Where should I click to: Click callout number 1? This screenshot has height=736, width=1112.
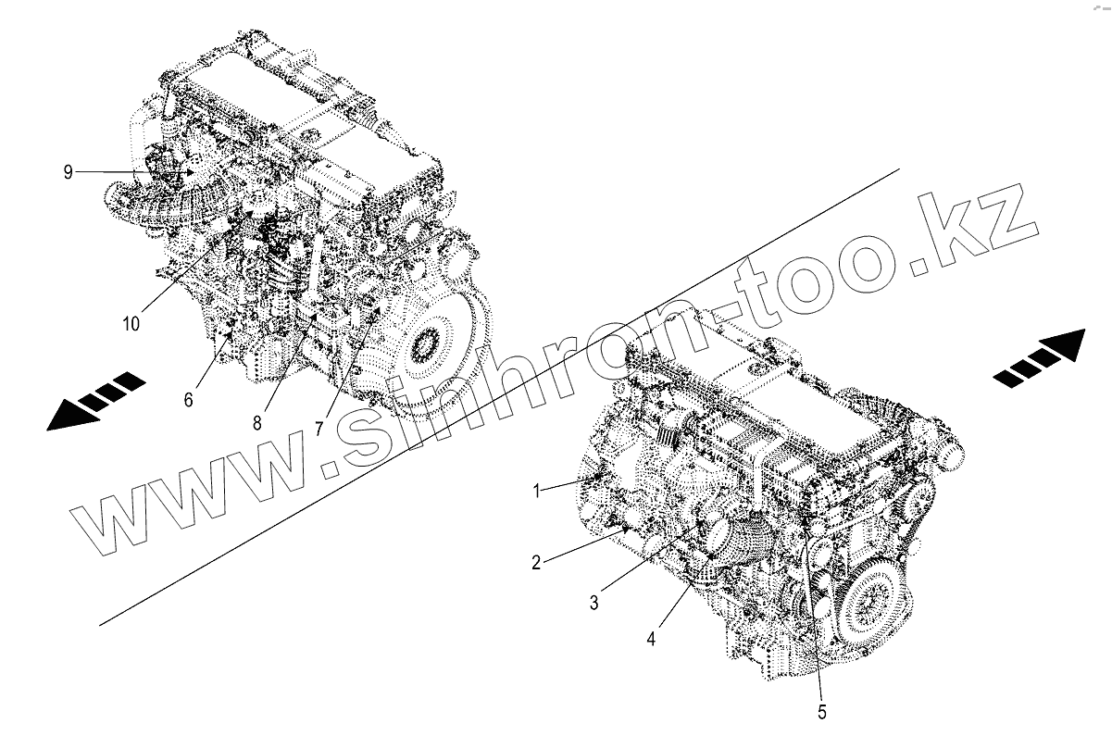(536, 492)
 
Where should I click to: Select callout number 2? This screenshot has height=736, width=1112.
(536, 563)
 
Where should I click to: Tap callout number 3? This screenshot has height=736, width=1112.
(594, 603)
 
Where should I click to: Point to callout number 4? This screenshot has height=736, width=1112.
(651, 639)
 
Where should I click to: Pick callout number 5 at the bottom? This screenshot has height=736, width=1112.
(822, 712)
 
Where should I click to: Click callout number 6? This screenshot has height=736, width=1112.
(189, 400)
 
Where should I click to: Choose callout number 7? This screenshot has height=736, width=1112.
(319, 428)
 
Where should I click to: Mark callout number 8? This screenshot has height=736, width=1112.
(257, 423)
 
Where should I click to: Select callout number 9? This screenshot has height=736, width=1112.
(68, 172)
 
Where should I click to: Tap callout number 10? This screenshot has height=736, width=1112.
(131, 324)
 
